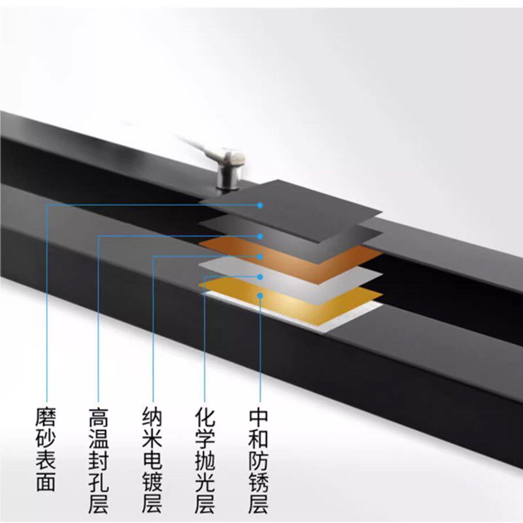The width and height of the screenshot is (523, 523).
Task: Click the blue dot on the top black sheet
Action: (260, 205)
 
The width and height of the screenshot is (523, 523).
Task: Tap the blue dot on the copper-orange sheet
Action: (260, 256)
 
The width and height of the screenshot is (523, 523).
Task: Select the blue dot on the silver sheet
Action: (260, 277)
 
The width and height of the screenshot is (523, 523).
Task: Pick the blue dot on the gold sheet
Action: (260, 296)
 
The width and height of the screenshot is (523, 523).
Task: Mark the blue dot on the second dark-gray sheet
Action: (260, 235)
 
